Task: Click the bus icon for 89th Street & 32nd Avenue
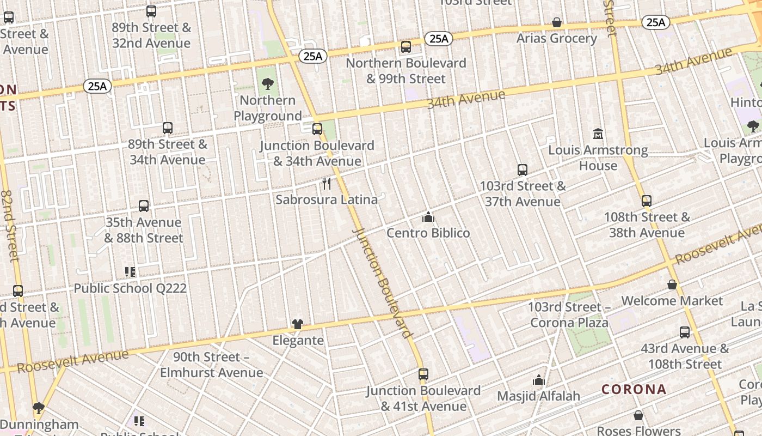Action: [x=151, y=11]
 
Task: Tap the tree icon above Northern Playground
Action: [x=267, y=84]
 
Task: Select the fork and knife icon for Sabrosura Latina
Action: [x=327, y=184]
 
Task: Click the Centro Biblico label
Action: [x=428, y=233]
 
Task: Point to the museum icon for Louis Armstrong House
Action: [x=598, y=134]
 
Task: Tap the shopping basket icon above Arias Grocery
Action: [x=557, y=22]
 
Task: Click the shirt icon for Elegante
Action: [x=297, y=324]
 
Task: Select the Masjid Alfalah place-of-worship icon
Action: [x=539, y=380]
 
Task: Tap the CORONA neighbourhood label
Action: [x=634, y=389]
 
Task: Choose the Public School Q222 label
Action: [x=130, y=288]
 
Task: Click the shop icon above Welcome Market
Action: [x=672, y=285]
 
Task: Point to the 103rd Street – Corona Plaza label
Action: [x=569, y=315]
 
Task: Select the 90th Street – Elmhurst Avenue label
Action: [x=211, y=365]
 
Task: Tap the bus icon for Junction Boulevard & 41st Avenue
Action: [x=423, y=374]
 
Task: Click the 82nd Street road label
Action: [x=10, y=225]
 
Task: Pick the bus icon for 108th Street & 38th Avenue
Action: [x=647, y=201]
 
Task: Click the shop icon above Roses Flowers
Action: [x=638, y=416]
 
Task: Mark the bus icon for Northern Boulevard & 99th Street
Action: [x=406, y=47]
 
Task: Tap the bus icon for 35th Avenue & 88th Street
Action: [x=144, y=206]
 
